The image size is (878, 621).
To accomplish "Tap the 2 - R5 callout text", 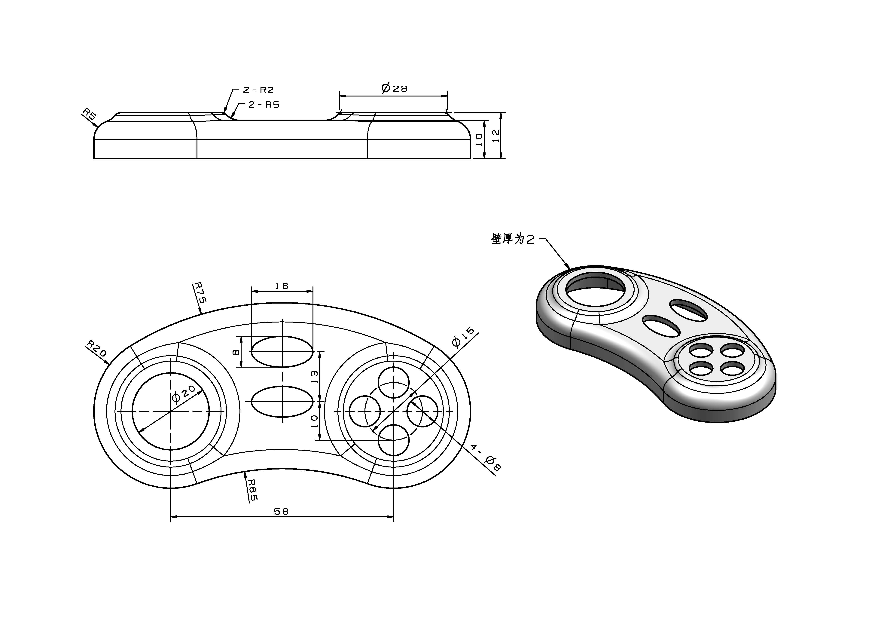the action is pos(264,105).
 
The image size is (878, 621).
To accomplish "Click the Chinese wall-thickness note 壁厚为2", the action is pos(513,239).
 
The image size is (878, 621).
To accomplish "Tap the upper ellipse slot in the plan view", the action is pos(282,351).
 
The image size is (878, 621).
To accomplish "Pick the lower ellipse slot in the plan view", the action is pos(282,402).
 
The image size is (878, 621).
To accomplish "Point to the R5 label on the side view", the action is pos(89,114).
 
